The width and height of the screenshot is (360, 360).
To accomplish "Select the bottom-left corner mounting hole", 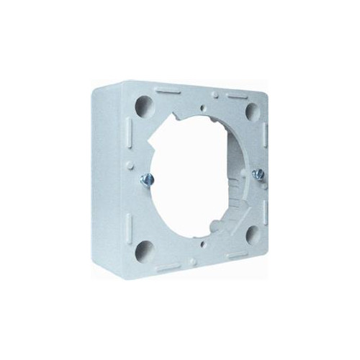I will pyautogui.click(x=144, y=250).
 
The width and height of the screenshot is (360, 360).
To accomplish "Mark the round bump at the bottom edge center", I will pyautogui.click(x=194, y=260).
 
